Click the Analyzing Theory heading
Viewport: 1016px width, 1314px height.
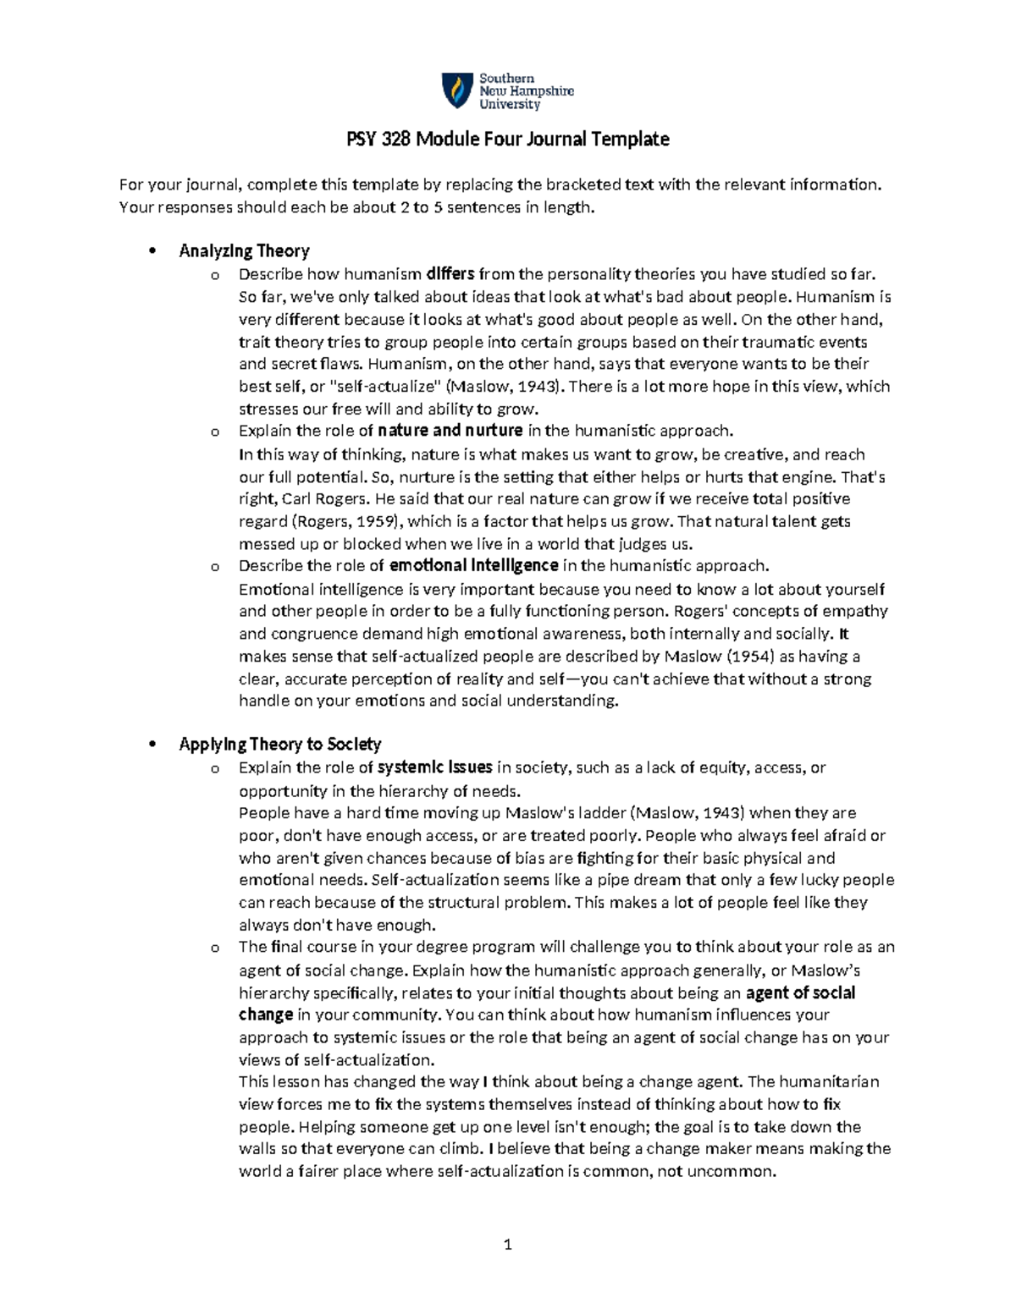[244, 250]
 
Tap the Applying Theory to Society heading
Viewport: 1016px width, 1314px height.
[279, 745]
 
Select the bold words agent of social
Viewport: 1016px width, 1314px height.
[800, 992]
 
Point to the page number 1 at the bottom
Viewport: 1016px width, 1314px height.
[508, 1245]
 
